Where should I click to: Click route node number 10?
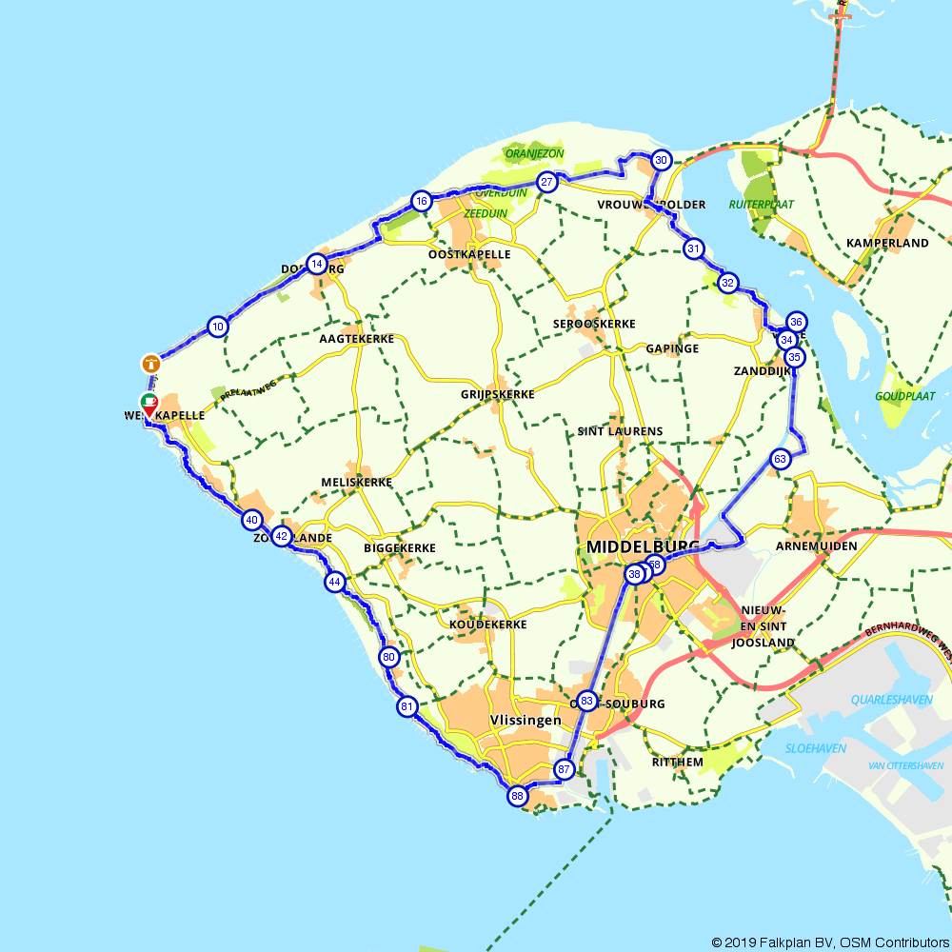219,327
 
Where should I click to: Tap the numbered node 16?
422,201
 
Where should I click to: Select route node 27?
546,183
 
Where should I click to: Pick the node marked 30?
661,160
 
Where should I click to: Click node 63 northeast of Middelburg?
781,460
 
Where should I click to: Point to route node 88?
518,796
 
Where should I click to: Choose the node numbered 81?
407,706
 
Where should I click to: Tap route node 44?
334,581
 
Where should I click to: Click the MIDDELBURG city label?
644,547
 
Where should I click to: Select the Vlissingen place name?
526,721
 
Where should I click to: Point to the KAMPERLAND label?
887,244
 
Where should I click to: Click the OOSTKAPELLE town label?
469,254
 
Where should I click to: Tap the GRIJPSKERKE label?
497,394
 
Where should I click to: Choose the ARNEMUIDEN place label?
817,545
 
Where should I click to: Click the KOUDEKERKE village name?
487,625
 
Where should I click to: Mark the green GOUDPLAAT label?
905,396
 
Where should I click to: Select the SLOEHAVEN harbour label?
816,748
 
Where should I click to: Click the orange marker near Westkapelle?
151,363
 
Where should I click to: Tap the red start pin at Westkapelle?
149,406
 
